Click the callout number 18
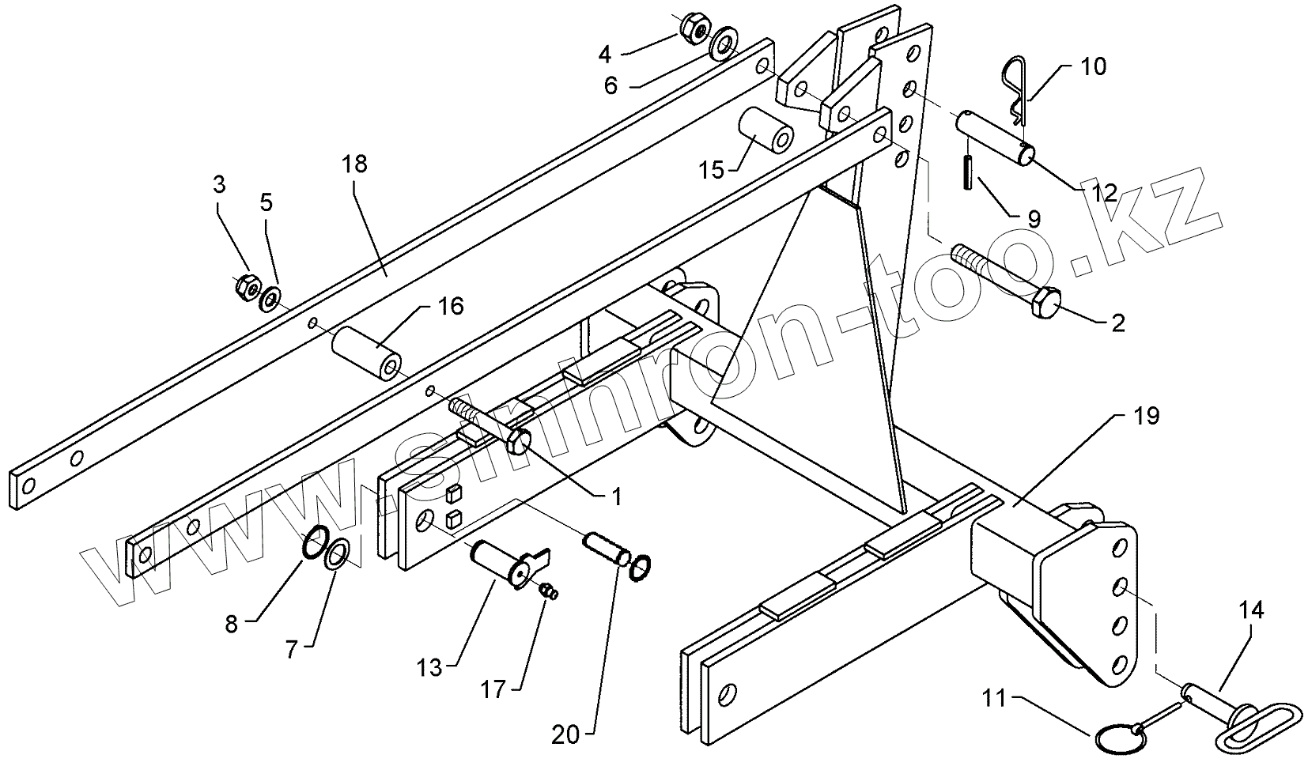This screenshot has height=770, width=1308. (x=355, y=164)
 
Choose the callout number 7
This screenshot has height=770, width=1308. (x=291, y=651)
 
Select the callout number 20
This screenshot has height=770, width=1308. (x=566, y=734)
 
